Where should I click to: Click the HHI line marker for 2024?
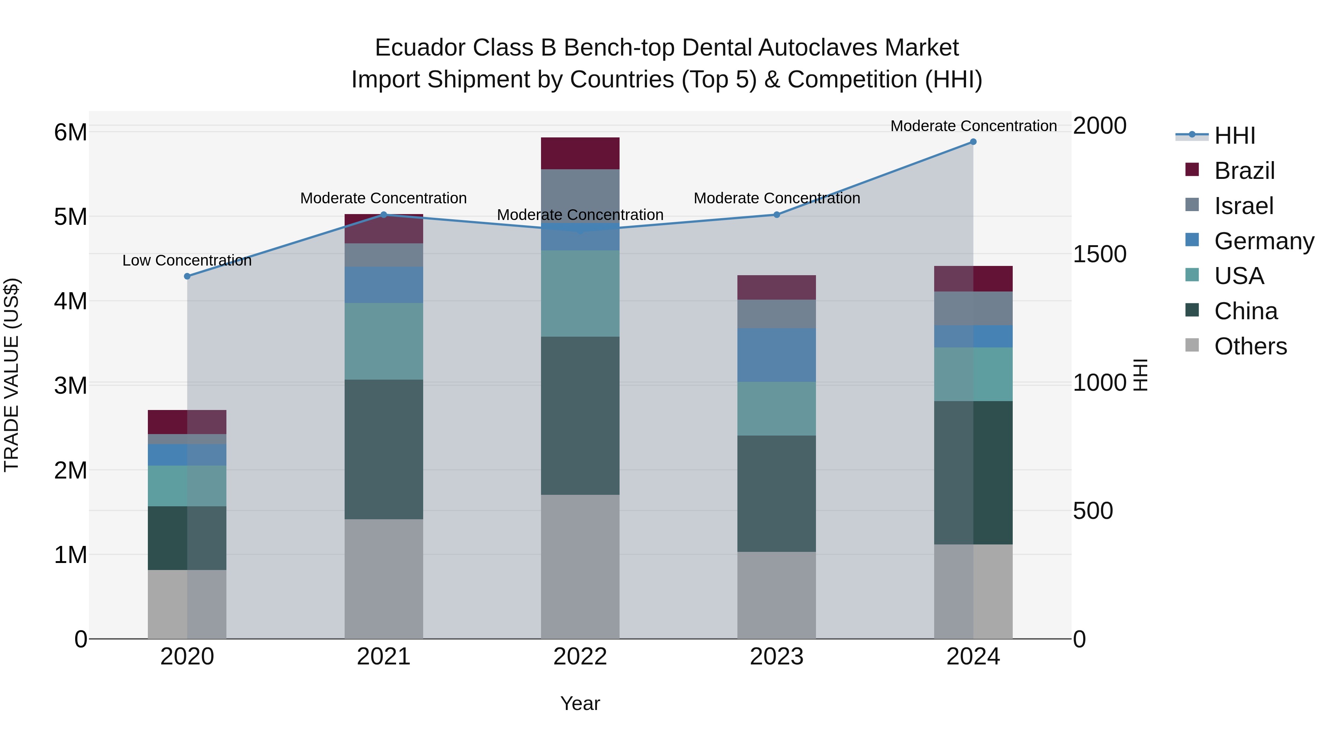(973, 142)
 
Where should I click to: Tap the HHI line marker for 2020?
(188, 276)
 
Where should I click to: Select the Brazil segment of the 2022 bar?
(580, 153)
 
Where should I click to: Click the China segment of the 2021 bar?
(384, 449)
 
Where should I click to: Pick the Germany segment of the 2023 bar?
(776, 355)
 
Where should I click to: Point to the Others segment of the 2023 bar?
(776, 595)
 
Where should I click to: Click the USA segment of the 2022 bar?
(580, 293)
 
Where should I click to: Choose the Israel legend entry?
(1243, 206)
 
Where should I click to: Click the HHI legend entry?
(1234, 136)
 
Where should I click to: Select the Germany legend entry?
(1264, 241)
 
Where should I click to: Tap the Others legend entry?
(1250, 346)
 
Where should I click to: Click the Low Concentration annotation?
(187, 260)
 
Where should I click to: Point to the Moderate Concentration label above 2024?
(973, 126)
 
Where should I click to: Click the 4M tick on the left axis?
(70, 301)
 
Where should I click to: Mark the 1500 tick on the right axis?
(1099, 254)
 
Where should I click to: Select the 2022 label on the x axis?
(580, 657)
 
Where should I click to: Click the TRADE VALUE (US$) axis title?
(11, 375)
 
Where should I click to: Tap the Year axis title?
(580, 703)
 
